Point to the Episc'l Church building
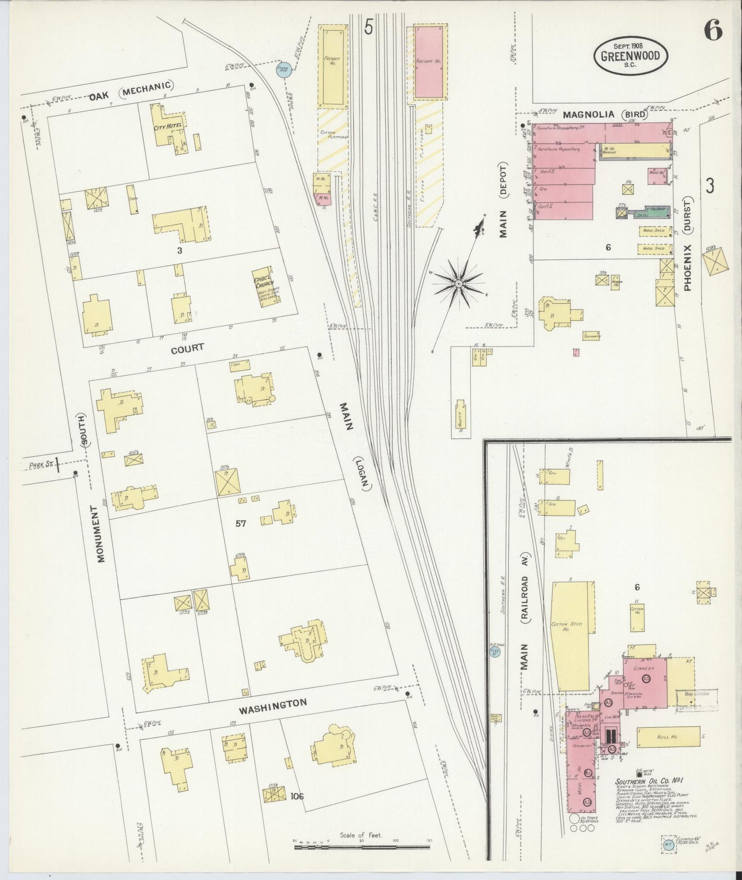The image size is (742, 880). click(x=267, y=288)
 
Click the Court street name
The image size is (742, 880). click(x=187, y=348)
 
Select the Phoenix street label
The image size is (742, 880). click(x=688, y=267)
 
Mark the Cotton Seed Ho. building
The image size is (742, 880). click(x=569, y=637)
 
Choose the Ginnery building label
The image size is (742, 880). click(x=643, y=668)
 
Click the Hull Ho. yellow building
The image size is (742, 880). click(x=668, y=737)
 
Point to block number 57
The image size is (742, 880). click(x=240, y=524)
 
